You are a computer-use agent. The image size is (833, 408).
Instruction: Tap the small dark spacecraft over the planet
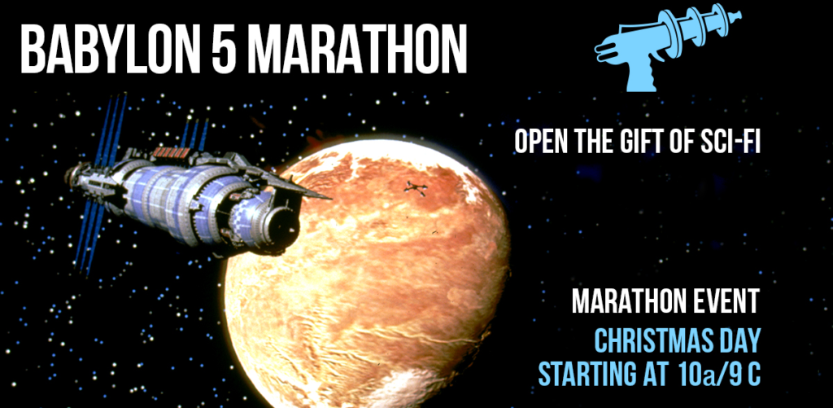[416, 188]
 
